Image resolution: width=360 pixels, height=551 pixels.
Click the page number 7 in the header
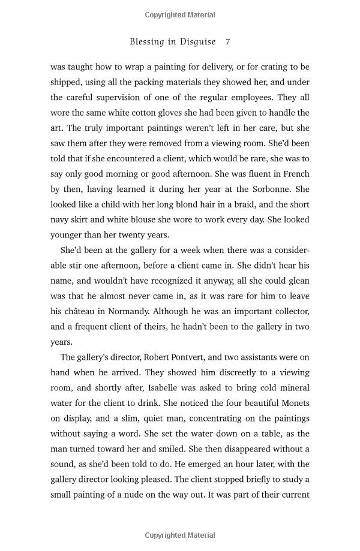[x=227, y=42]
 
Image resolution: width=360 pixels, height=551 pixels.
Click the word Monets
[x=295, y=404]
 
